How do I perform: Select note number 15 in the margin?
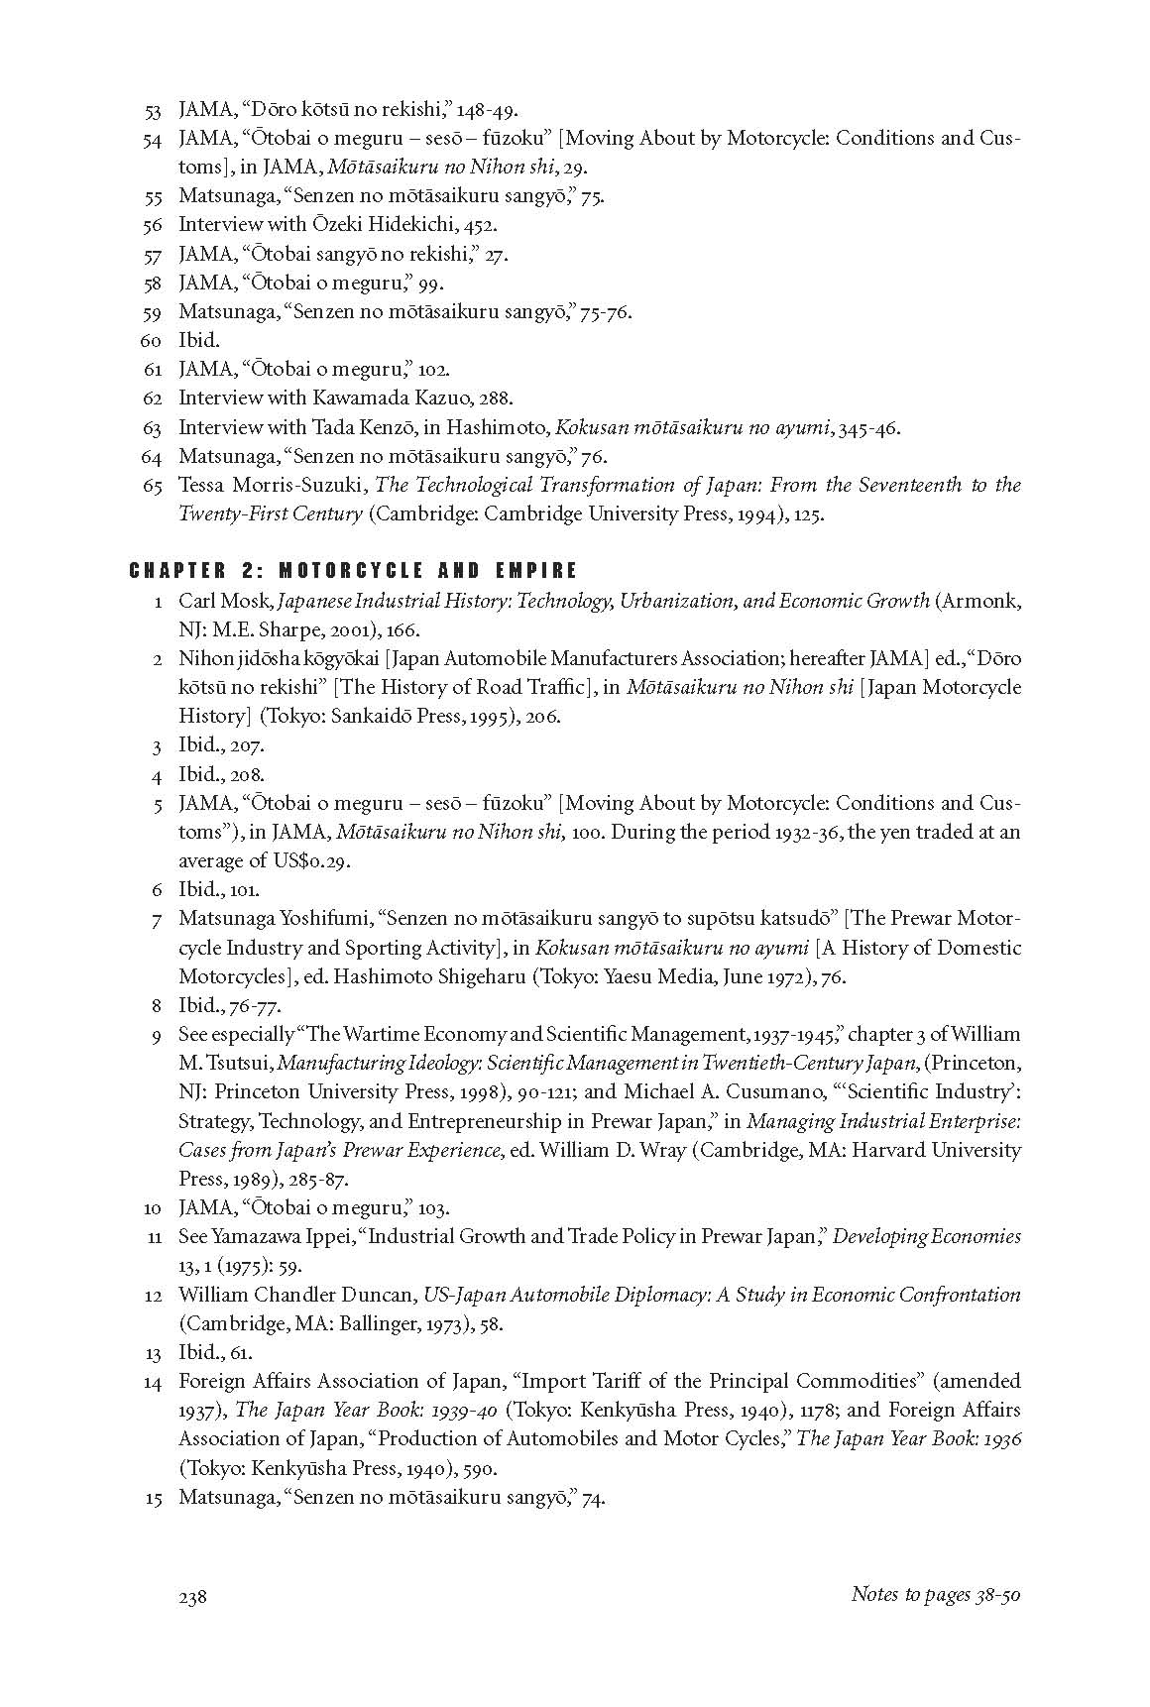coord(153,1498)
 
